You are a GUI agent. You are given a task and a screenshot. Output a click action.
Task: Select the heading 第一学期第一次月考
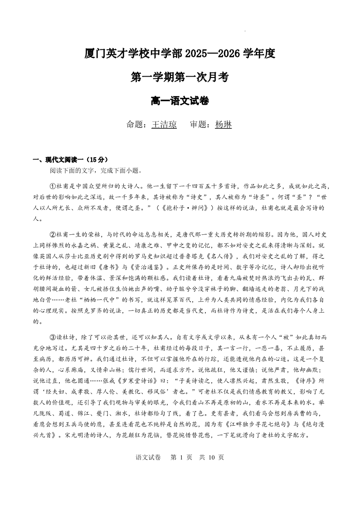pyautogui.click(x=180, y=78)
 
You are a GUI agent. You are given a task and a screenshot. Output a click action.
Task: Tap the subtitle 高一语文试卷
pyautogui.click(x=180, y=102)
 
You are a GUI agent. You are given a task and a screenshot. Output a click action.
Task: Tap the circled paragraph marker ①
pyautogui.click(x=52, y=186)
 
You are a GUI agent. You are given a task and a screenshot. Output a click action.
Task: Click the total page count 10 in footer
pyautogui.click(x=214, y=457)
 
